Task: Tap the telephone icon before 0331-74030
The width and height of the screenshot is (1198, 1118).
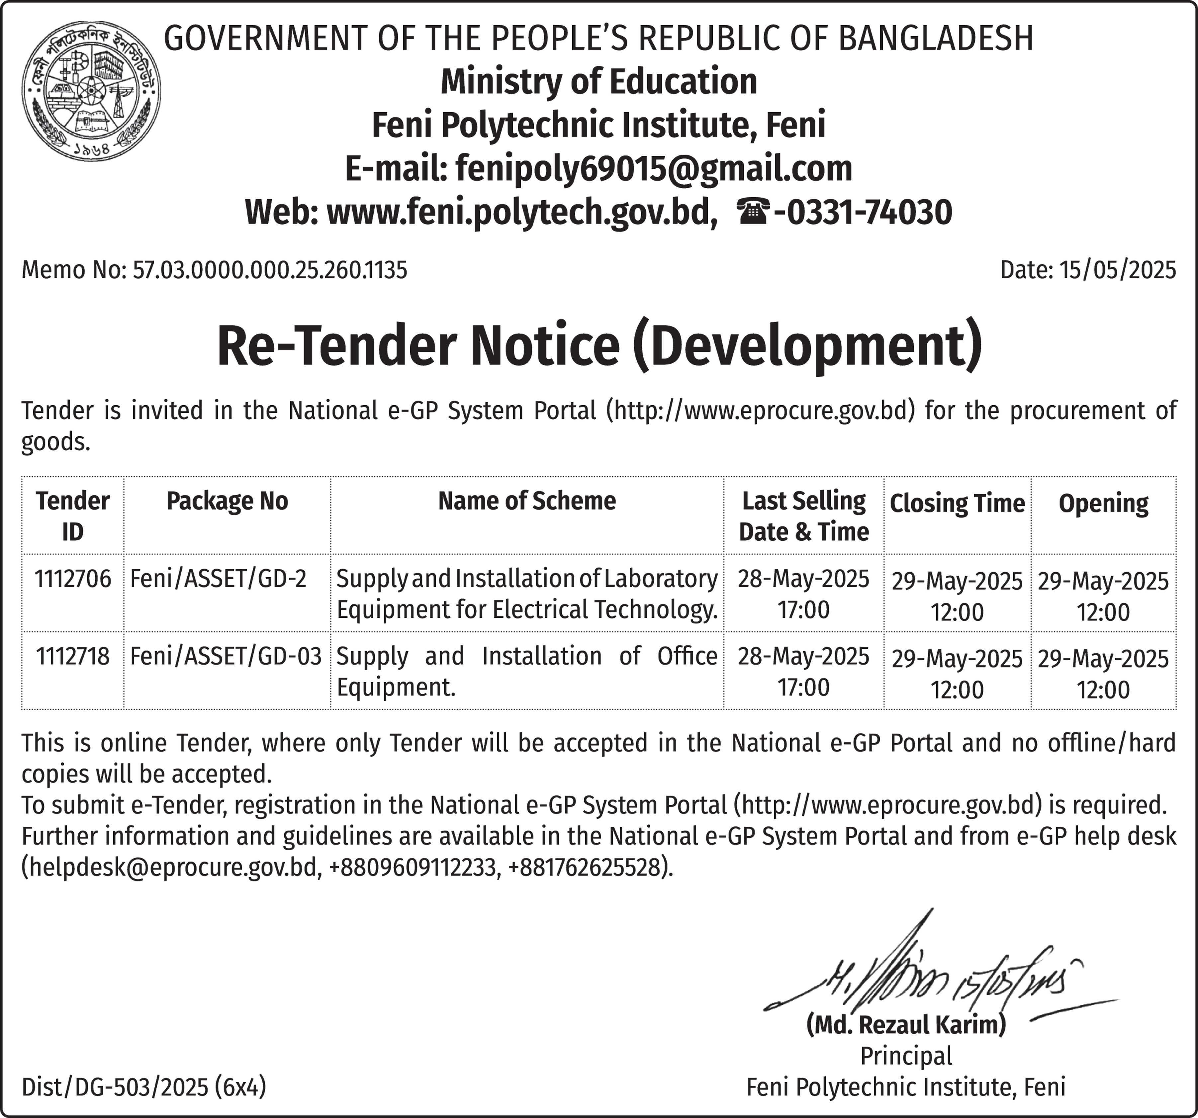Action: tap(753, 212)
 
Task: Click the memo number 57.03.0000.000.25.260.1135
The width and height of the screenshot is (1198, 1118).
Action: tap(269, 270)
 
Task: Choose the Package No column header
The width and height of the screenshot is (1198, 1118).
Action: tap(227, 502)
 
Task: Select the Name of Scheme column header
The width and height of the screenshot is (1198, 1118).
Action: tap(527, 502)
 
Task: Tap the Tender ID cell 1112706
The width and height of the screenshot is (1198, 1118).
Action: tap(73, 579)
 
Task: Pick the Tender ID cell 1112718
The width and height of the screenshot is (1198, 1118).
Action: tap(73, 656)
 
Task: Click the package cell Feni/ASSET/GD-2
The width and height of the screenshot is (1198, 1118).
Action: tap(218, 579)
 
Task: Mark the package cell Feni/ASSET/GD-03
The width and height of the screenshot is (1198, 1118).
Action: tap(226, 656)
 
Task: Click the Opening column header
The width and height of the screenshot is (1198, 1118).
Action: tap(1103, 504)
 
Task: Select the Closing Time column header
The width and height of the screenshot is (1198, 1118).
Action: tap(957, 504)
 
